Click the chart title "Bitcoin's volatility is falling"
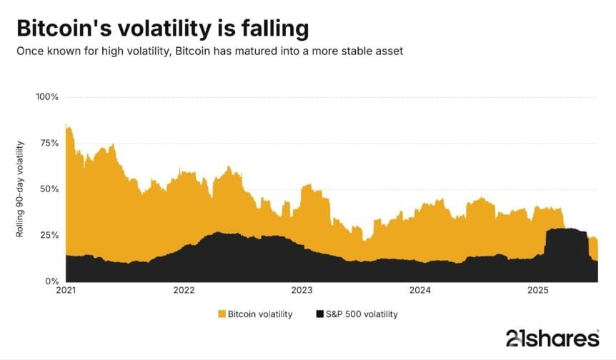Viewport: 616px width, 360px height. coord(162,29)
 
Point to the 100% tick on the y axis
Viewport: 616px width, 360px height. coord(46,97)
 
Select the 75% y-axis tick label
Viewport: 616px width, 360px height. coord(49,143)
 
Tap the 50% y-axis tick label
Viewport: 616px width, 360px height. coord(49,189)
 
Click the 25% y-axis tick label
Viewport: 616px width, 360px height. coord(49,235)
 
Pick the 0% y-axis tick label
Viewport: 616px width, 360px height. coord(51,281)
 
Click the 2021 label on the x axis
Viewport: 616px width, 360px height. coord(66,291)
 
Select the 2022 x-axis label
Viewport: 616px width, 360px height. coord(184,291)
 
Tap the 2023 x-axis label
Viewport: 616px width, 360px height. coord(302,291)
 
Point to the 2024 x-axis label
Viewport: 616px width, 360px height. coord(419,291)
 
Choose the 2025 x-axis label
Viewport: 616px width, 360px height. coord(537,291)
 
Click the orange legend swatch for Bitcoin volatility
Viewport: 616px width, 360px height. coord(221,314)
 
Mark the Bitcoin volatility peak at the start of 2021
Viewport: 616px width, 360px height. coord(66,126)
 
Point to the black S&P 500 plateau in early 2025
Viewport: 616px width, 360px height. coord(565,243)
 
